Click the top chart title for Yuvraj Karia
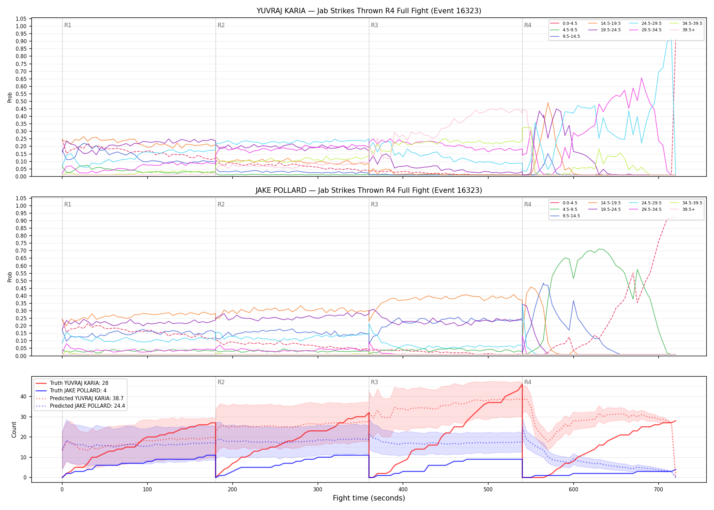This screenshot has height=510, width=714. coord(369,11)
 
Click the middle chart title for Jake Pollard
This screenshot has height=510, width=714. coord(369,190)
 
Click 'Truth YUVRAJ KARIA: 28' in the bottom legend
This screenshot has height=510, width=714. coord(79,383)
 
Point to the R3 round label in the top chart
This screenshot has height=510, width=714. coord(374,25)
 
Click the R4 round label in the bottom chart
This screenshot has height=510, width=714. coord(528,382)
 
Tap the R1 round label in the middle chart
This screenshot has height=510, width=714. coord(68,204)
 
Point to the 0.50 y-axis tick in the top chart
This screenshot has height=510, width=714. coord(21,101)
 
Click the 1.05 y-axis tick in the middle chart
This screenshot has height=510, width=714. coord(21,198)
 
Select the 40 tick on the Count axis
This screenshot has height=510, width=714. coord(23,396)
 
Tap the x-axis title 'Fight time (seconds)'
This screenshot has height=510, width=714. coord(369,498)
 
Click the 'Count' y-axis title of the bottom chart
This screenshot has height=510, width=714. coord(14,429)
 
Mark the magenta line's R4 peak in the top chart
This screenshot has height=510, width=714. coord(642,78)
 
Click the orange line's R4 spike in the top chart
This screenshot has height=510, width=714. coord(548,102)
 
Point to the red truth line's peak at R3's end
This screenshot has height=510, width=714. coord(522,384)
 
